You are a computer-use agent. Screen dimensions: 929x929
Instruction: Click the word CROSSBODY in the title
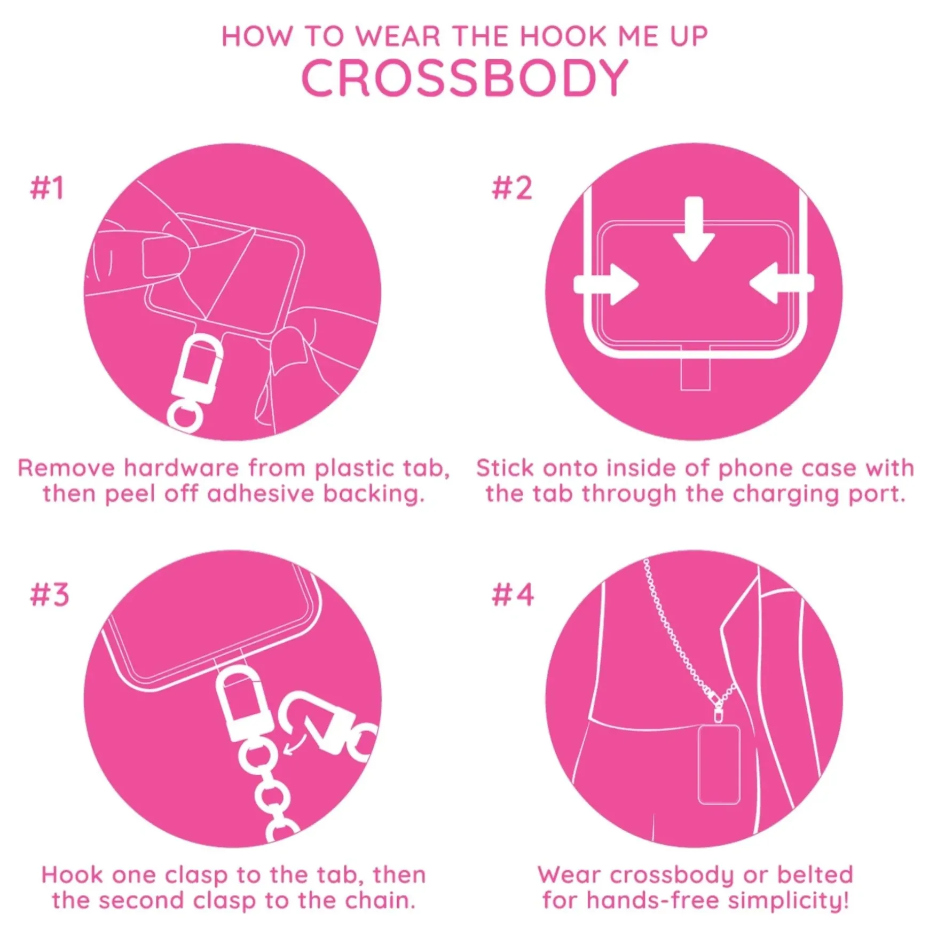[x=464, y=78]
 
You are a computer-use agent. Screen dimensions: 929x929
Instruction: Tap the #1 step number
[x=47, y=188]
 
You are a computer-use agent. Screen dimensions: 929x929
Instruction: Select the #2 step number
[x=512, y=188]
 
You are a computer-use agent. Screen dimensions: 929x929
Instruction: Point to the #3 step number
[x=50, y=595]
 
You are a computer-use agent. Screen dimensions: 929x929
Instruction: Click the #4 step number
[x=513, y=595]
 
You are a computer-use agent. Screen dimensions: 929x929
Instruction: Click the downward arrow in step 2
[x=694, y=229]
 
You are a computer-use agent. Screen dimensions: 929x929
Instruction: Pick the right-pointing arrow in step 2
[x=606, y=284]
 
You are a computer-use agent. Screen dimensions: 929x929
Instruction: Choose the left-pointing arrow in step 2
[x=782, y=283]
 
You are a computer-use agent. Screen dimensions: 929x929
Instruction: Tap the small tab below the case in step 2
[x=695, y=374]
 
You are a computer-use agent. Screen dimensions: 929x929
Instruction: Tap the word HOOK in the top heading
[x=564, y=36]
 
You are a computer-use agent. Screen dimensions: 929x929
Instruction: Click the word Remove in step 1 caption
[x=66, y=468]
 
